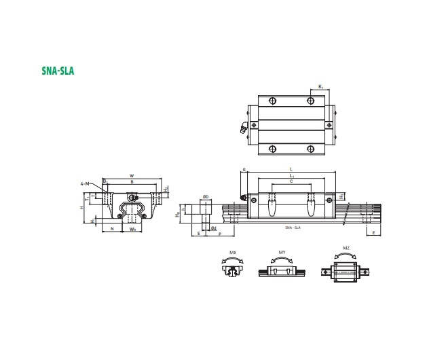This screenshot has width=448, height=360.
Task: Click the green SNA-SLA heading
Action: [x=58, y=69]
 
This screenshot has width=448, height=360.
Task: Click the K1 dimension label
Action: [x=320, y=86]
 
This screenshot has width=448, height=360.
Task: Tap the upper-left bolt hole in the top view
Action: [x=272, y=101]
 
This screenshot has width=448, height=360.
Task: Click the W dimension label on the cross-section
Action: [x=131, y=175]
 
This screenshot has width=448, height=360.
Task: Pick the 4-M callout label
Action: [x=84, y=184]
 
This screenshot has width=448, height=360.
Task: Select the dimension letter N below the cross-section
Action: [x=112, y=229]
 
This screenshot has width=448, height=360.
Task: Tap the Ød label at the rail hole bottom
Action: [x=213, y=228]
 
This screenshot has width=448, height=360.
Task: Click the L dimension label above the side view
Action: [x=291, y=168]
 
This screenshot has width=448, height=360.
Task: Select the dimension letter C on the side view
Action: [x=291, y=181]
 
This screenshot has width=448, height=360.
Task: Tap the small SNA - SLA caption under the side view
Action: [x=293, y=227]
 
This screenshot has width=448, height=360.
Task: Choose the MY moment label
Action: [x=282, y=251]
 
